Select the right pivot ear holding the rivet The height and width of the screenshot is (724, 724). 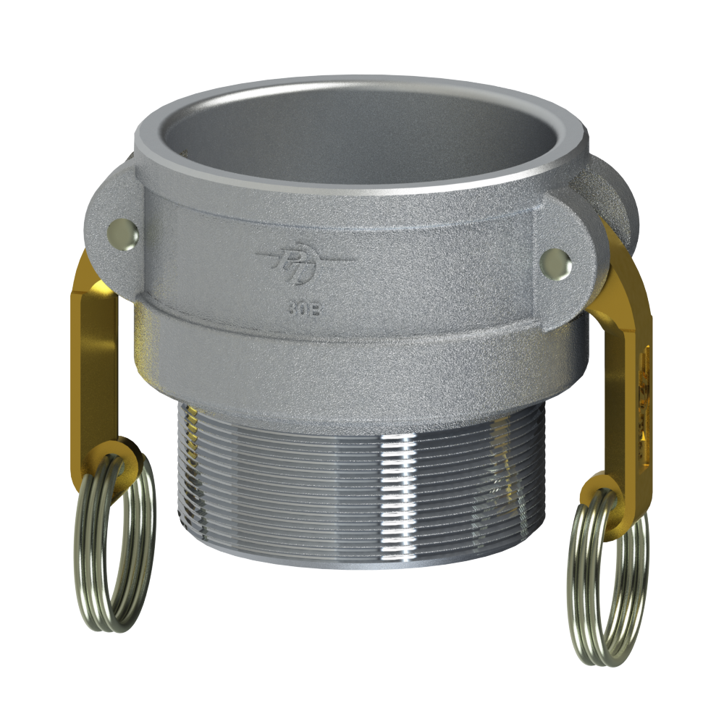[x=572, y=253]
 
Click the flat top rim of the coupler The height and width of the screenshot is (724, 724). [x=348, y=87]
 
